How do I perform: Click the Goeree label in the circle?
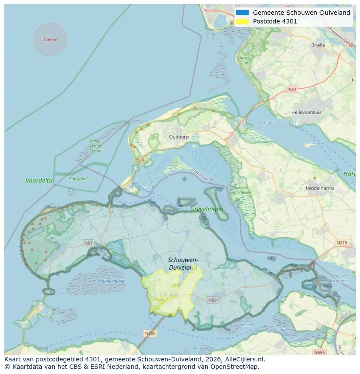coord(50,40)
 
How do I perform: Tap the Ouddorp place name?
coord(178,136)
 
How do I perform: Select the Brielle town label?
coord(318,45)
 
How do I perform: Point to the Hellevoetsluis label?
coord(307,112)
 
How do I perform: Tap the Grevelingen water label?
coord(207,209)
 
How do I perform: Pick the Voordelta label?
coord(39,180)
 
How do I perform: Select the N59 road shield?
coord(212,300)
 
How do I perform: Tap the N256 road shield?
coord(150,333)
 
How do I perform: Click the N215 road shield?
coord(342,242)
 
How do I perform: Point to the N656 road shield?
coord(319,352)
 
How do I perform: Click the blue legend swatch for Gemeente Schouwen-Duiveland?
coord(243,13)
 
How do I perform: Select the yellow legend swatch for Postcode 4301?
coord(243,21)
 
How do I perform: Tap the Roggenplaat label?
coord(114,281)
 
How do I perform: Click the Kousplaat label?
coord(79,178)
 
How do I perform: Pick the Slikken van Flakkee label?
coord(238,189)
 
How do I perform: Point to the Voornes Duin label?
coord(243,60)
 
